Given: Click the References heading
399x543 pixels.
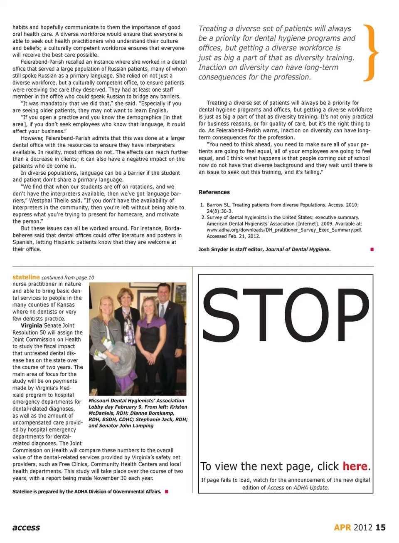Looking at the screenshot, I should click(x=214, y=192).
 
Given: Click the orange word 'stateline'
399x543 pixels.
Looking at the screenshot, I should click(x=26, y=277).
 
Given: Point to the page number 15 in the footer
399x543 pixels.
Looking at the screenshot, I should click(x=381, y=528).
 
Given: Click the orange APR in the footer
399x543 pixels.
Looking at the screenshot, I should click(x=342, y=528).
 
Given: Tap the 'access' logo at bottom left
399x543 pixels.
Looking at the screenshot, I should click(x=26, y=528).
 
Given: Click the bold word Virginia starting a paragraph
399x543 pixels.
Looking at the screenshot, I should click(x=32, y=325).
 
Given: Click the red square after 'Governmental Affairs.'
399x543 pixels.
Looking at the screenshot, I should click(x=167, y=491).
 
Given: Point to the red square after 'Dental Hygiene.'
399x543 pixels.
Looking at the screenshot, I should click(x=372, y=249).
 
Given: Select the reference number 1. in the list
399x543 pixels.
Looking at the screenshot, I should click(x=202, y=205).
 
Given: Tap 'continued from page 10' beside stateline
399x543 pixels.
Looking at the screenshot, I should click(x=68, y=278).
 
